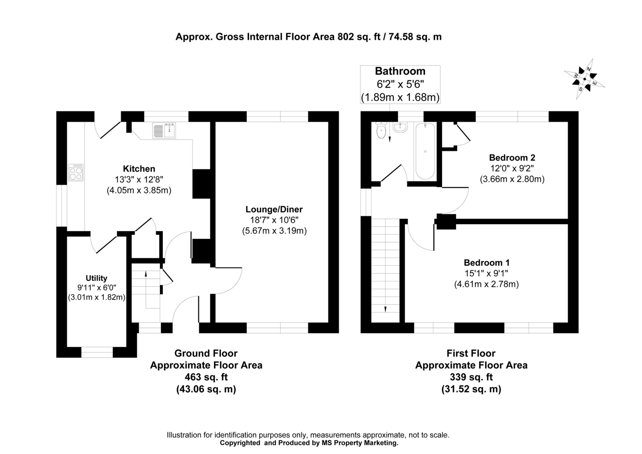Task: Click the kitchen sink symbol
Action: tap(164, 130)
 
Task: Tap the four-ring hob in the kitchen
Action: tap(76, 172)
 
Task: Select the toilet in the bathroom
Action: tap(381, 130)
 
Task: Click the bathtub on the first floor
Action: tap(425, 151)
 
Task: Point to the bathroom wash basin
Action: tap(400, 127)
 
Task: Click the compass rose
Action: tap(584, 79)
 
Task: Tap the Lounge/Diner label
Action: tap(274, 209)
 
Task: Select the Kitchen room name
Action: tap(139, 169)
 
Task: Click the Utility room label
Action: tap(96, 278)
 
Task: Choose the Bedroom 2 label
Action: tap(512, 158)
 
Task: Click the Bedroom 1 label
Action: tap(486, 263)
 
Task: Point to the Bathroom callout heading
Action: tap(400, 71)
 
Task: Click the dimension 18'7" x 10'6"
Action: tap(274, 220)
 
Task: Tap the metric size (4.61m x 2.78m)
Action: tap(486, 284)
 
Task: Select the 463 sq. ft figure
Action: tap(206, 377)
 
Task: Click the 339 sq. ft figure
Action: tap(471, 377)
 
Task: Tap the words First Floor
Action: tap(471, 353)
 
